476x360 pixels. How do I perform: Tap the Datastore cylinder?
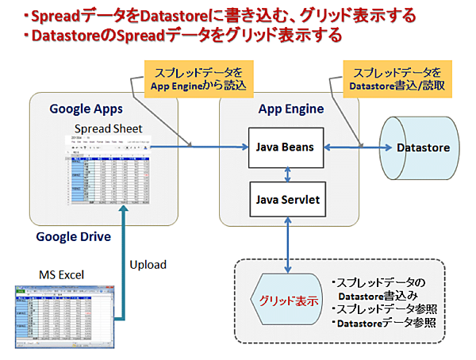pos(421,147)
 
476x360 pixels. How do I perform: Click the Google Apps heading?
pos(82,108)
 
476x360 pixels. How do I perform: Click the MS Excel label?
pos(62,274)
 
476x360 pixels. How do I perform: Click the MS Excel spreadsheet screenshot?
pos(60,316)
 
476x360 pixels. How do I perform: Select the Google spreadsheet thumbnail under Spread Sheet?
pos(108,168)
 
